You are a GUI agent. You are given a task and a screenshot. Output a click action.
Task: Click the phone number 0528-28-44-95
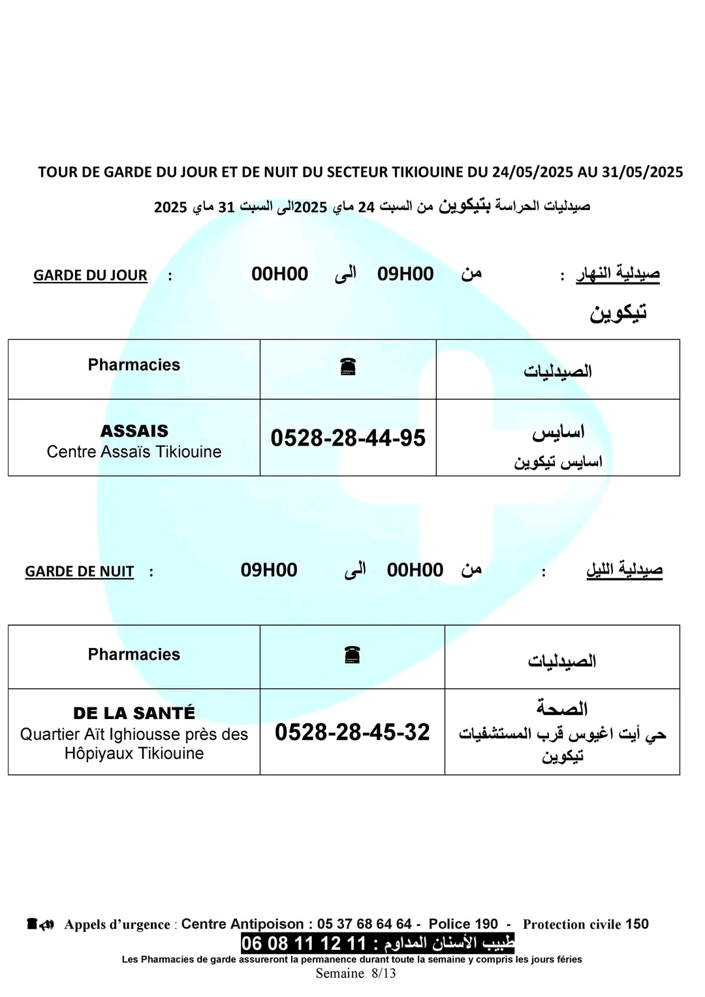[348, 438]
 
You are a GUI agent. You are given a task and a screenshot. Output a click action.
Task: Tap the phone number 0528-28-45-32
[352, 732]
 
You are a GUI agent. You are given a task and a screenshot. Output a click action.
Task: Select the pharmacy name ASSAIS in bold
[134, 431]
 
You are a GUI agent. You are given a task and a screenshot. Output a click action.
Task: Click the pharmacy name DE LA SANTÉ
[134, 713]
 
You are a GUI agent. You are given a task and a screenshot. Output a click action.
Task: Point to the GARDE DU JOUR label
[90, 275]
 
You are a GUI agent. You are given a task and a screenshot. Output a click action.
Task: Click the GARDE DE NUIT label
[79, 572]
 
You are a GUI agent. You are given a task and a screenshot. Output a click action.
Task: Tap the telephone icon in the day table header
[348, 367]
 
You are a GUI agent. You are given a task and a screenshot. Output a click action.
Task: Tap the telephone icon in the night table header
[352, 654]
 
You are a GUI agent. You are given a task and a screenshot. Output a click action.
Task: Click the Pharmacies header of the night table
[134, 654]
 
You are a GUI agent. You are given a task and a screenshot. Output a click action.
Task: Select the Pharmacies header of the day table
[134, 365]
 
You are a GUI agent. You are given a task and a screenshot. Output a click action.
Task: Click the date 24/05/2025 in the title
[532, 172]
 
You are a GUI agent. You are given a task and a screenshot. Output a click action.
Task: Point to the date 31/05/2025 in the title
[642, 172]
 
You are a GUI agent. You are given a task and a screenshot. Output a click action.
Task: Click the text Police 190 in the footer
[463, 924]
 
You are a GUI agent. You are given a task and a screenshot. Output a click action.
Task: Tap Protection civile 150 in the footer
[586, 924]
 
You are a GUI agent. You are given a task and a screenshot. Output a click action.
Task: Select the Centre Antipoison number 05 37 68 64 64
[364, 924]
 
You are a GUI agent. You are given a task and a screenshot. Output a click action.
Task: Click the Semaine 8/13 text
[356, 974]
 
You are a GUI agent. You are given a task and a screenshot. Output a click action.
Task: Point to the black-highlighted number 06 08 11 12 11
[304, 943]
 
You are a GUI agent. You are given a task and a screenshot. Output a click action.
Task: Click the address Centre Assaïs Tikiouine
[134, 452]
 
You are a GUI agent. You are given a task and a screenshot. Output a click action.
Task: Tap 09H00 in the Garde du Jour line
[405, 274]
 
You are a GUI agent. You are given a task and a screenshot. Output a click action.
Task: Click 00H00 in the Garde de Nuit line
[415, 570]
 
